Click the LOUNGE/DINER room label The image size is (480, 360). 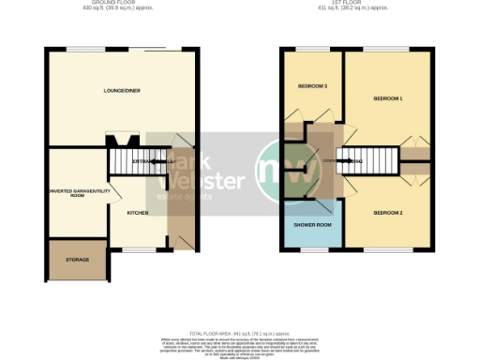[x=122, y=90]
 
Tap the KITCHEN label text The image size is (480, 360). [x=138, y=213]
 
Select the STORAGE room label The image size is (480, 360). [x=77, y=259]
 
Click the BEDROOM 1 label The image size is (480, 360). [x=387, y=97]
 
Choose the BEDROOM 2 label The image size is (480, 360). [x=387, y=213]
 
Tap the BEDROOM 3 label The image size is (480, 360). [x=312, y=86]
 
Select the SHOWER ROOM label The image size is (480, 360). [x=312, y=224]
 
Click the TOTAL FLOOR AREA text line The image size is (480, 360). [x=240, y=334]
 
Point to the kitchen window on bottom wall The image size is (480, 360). [x=141, y=249]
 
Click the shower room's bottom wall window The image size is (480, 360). [x=312, y=249]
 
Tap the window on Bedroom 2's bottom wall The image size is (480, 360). [x=384, y=249]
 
